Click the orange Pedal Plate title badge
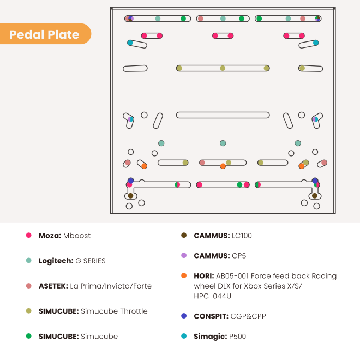45,34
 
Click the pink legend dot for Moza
29,235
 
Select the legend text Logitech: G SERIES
72,261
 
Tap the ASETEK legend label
95,286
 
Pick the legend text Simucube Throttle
114,311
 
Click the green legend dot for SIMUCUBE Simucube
29,336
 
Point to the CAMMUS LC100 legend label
223,236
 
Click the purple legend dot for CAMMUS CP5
184,255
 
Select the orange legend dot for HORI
184,275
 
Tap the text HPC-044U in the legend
212,296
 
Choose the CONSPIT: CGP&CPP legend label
230,316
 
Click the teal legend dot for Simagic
184,336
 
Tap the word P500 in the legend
237,337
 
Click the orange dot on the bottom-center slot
223,166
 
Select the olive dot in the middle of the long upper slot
223,68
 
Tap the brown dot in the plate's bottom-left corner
130,196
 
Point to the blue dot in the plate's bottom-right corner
315,181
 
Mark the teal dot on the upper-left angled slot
130,43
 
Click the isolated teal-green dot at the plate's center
223,143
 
